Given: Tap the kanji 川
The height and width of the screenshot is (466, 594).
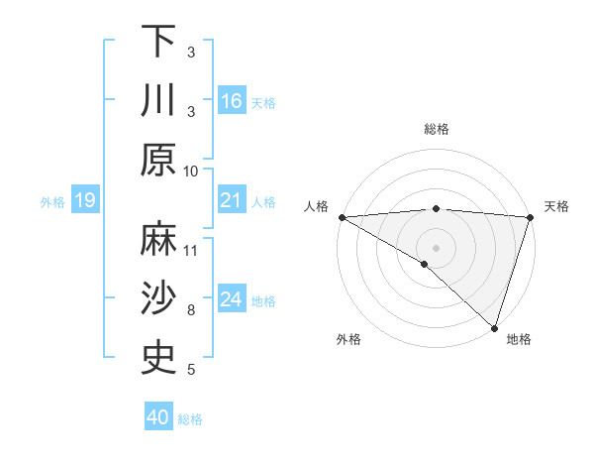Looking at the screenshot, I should click(158, 100).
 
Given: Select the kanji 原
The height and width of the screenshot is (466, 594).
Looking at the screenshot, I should click(158, 159).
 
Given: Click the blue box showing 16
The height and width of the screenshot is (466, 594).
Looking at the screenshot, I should click(232, 101).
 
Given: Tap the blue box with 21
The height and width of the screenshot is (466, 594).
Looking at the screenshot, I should click(232, 201).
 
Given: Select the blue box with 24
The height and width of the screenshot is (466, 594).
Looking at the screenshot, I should click(232, 299).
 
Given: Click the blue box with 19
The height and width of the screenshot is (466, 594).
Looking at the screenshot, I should click(85, 201).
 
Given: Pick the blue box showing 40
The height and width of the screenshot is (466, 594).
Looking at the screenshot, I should click(158, 417).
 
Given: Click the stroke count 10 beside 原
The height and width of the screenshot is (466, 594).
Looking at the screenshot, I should click(191, 171).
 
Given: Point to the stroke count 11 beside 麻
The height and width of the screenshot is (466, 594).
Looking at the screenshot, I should click(191, 251).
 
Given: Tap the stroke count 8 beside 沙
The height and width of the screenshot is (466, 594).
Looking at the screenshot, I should click(191, 310).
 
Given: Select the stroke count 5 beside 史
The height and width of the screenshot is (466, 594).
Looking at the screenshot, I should click(191, 370).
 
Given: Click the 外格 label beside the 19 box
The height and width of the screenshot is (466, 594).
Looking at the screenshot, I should click(52, 202).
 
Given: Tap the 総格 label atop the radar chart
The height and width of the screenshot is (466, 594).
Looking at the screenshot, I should click(437, 129).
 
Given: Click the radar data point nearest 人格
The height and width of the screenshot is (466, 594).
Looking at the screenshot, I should click(342, 217).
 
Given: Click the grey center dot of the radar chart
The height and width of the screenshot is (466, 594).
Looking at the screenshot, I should click(436, 246).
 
